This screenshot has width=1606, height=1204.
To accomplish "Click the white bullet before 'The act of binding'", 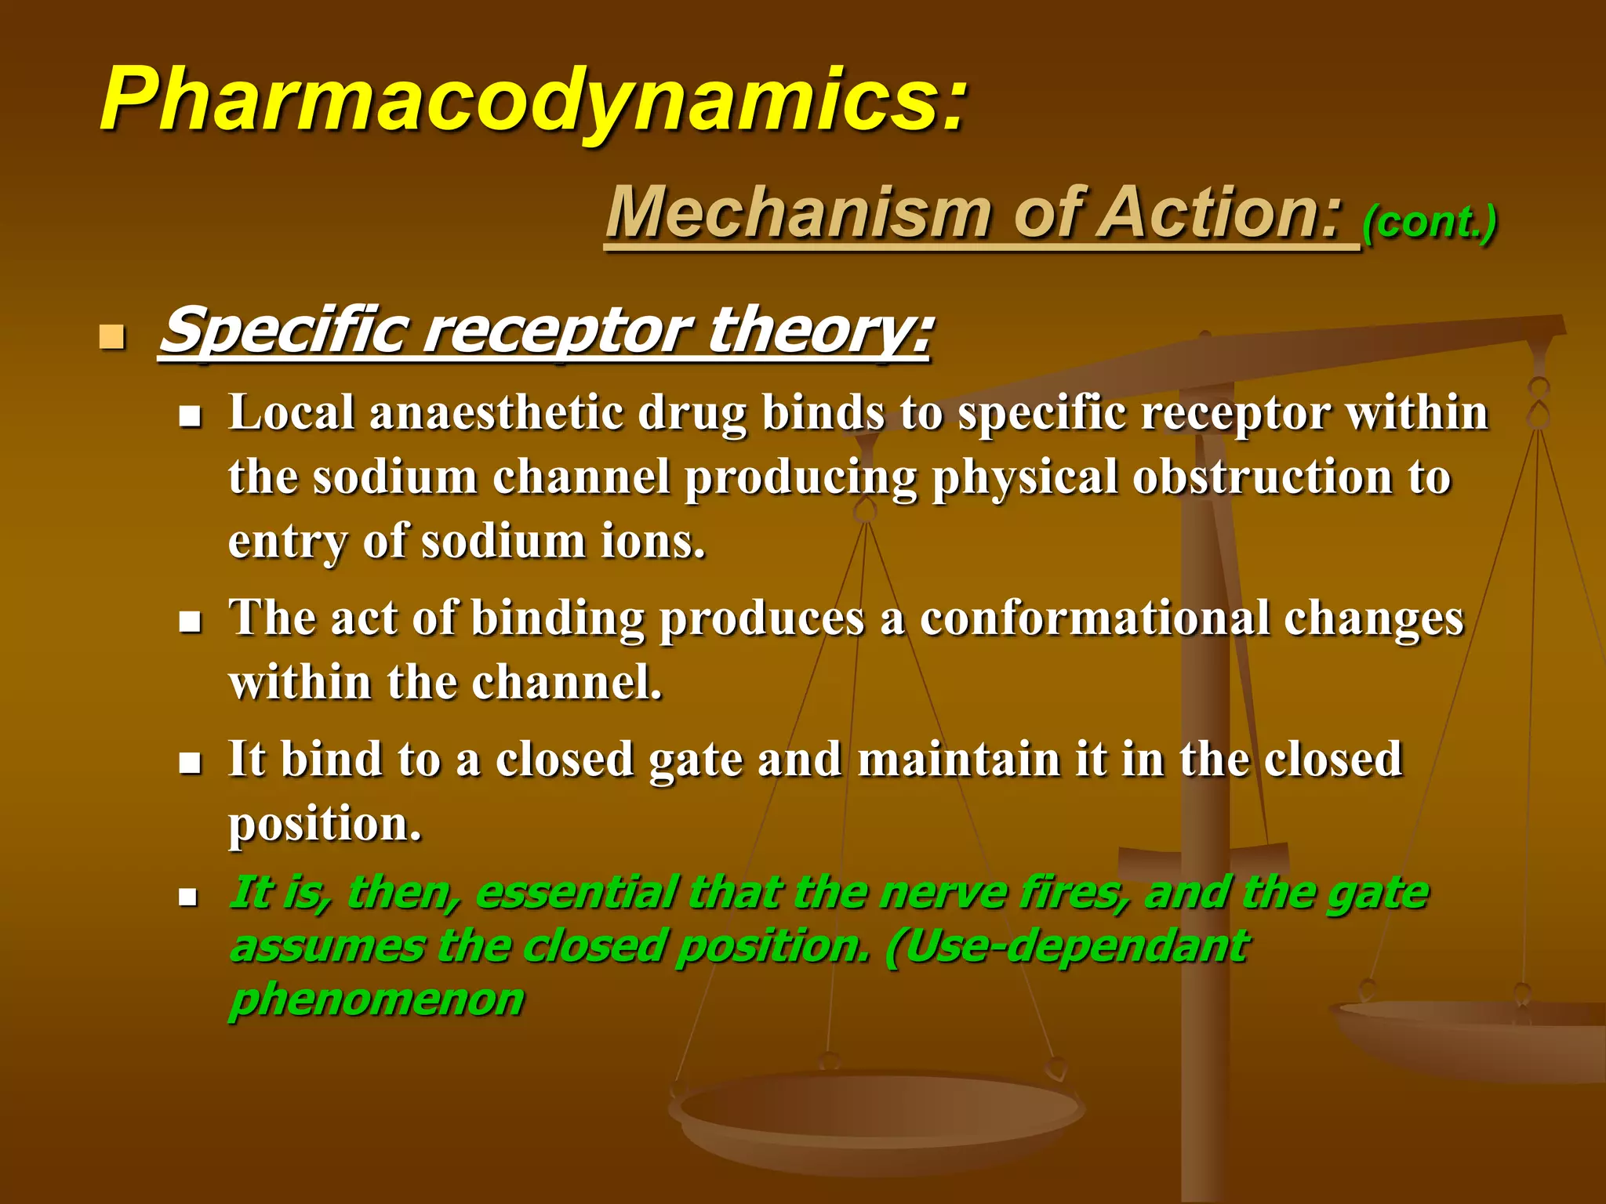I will (x=190, y=622).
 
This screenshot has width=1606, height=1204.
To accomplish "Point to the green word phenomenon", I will (x=376, y=999).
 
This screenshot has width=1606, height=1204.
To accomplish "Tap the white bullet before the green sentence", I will (x=189, y=897).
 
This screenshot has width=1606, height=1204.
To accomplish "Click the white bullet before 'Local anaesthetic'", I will (x=190, y=417).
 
